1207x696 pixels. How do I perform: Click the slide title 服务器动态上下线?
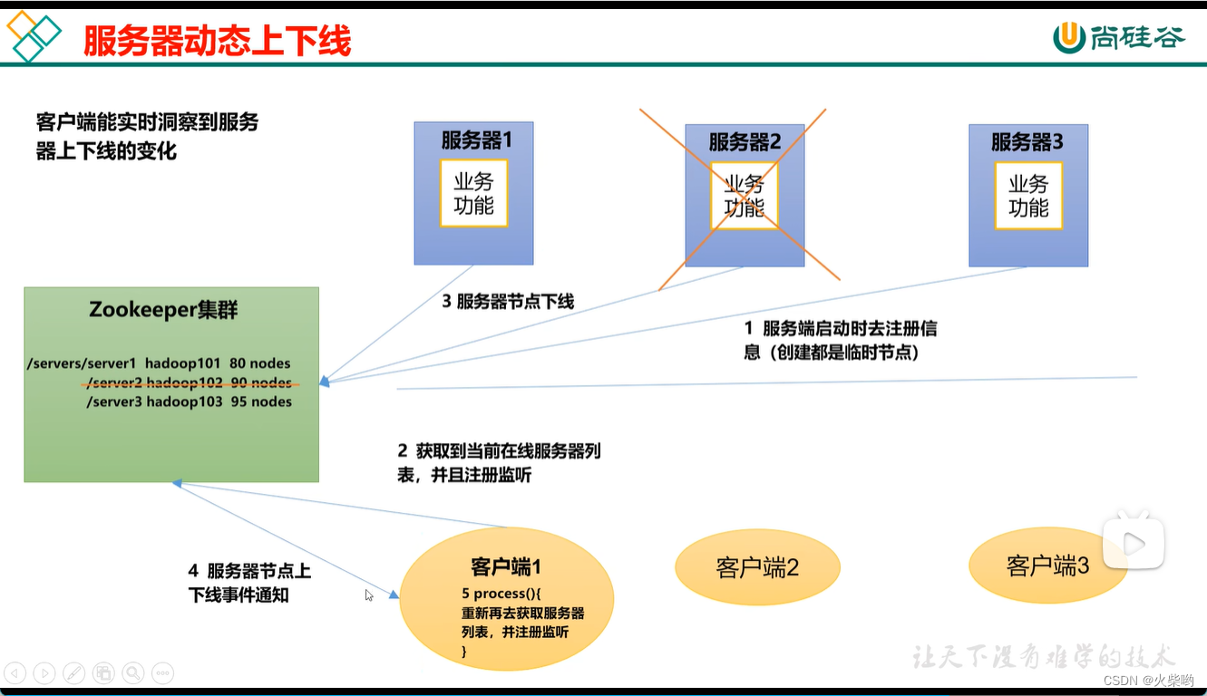coord(217,41)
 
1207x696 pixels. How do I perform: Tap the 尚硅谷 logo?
coord(1119,37)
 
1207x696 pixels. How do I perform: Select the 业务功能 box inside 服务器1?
coord(473,193)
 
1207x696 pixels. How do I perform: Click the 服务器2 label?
coord(745,141)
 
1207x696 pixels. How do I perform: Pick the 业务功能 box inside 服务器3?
coord(1028,196)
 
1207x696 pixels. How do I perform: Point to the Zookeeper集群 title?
coord(163,310)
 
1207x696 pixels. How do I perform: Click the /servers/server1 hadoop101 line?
coord(160,363)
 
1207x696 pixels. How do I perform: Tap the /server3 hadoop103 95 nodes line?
coord(189,401)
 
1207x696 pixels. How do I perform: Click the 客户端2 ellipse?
coord(757,567)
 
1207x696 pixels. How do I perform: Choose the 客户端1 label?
coord(506,567)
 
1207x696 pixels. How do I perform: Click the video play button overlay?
coord(1134,543)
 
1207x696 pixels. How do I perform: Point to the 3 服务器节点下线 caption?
coord(508,302)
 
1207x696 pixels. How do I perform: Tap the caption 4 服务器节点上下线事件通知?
coord(248,583)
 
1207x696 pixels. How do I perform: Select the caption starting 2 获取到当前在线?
coord(499,461)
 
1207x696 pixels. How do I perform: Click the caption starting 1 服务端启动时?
coord(834,341)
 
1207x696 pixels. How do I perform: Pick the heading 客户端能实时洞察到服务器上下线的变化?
coord(147,136)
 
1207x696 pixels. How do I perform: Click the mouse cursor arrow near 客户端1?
coord(369,595)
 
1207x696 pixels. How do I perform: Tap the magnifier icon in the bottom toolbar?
coord(133,672)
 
